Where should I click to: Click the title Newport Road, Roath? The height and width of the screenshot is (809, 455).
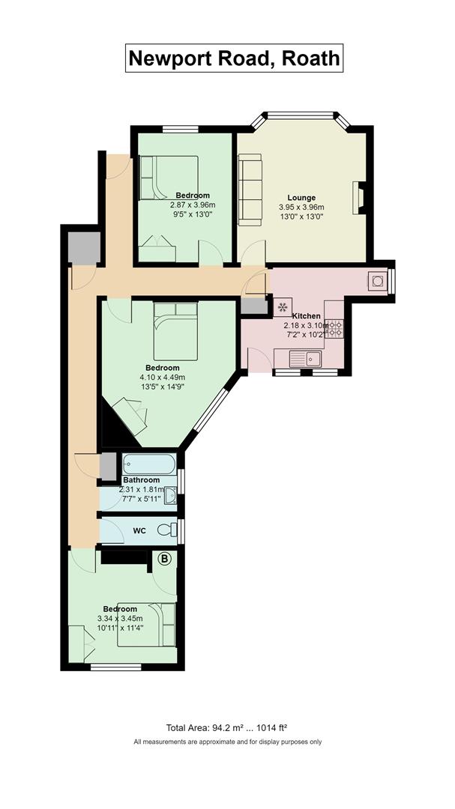(234, 58)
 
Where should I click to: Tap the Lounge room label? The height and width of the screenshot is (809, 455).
(301, 198)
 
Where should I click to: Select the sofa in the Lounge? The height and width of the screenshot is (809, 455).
(250, 190)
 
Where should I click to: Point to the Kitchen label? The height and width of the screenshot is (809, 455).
(307, 316)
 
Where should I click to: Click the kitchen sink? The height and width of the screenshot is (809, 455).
(305, 358)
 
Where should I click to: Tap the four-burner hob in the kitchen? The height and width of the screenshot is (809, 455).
(334, 329)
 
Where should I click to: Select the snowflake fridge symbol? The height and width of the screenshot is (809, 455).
(283, 308)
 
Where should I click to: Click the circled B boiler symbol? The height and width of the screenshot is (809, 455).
(164, 558)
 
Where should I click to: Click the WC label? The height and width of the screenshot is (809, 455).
(139, 530)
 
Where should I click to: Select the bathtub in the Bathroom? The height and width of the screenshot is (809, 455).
(149, 464)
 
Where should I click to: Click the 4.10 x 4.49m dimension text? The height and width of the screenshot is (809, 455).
(162, 377)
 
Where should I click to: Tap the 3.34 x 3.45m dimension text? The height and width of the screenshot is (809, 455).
(120, 619)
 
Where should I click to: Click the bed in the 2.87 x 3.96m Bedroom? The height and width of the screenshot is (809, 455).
(169, 178)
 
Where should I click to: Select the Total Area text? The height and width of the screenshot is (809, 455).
(226, 728)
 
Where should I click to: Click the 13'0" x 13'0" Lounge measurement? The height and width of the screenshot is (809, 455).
(301, 216)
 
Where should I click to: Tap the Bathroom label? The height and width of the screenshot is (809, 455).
(141, 480)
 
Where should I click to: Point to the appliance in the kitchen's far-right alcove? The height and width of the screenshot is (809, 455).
(376, 280)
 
